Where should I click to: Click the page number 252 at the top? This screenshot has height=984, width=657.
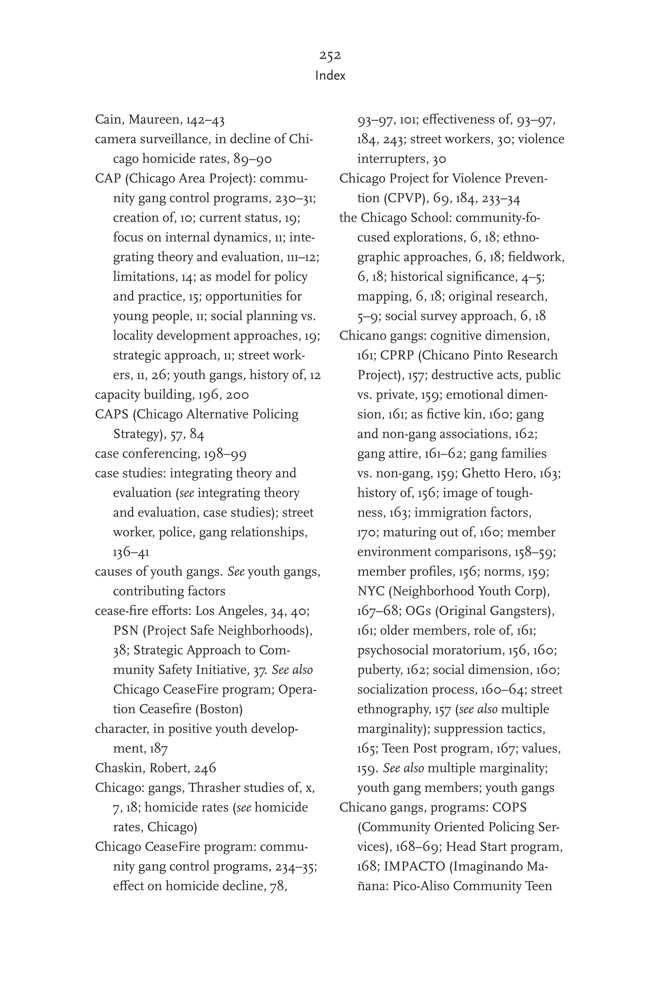coord(330,55)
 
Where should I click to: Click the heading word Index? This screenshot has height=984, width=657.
coord(330,76)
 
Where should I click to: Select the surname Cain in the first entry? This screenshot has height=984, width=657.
coord(108,120)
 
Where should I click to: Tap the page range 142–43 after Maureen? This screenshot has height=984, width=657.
coord(205,120)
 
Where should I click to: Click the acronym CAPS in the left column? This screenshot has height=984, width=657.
coord(111,414)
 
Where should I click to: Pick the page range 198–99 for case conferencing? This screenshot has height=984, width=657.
coord(225,454)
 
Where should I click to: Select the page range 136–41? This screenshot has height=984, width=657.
coord(131,552)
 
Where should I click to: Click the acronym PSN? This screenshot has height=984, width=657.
coord(126,631)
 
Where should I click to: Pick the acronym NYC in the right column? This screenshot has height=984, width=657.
coord(371,591)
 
